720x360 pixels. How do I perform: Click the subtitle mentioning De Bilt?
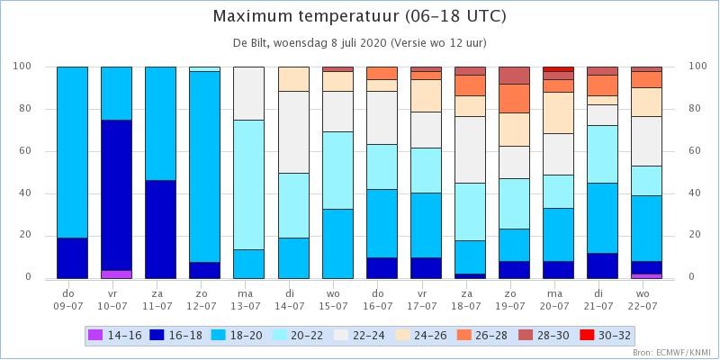coord(359,43)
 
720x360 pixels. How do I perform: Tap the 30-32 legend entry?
coord(604,336)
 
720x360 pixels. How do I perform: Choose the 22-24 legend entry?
coord(359,336)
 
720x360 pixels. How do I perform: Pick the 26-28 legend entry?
coord(482,336)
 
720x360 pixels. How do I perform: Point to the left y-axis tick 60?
coord(22,151)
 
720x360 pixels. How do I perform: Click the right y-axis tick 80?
coord(696,109)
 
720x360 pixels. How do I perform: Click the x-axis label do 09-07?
coord(72,299)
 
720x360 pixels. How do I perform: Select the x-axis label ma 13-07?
coord(249,299)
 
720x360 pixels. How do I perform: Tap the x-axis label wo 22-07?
coord(646,299)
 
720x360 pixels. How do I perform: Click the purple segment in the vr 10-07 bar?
coord(117,274)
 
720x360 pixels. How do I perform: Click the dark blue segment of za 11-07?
coord(161,229)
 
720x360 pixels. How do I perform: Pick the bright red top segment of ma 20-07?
coord(558,69)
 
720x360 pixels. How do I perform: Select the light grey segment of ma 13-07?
coord(249,94)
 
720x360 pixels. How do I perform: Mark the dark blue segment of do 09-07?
coord(72,258)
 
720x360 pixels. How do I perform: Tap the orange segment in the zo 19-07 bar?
coord(514,98)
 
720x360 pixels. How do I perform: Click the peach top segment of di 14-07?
coord(293,79)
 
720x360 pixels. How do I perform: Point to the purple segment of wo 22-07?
coord(646,276)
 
